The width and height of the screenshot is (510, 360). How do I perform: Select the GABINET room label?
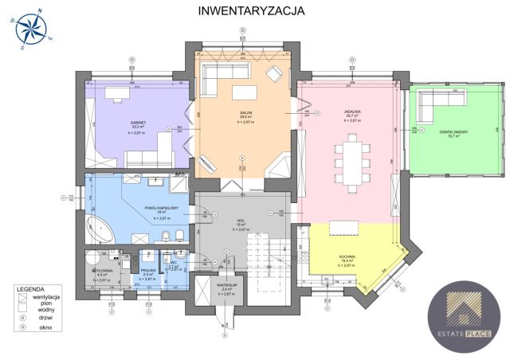pos(140,123)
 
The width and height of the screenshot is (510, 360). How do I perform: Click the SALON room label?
pos(246,114)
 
